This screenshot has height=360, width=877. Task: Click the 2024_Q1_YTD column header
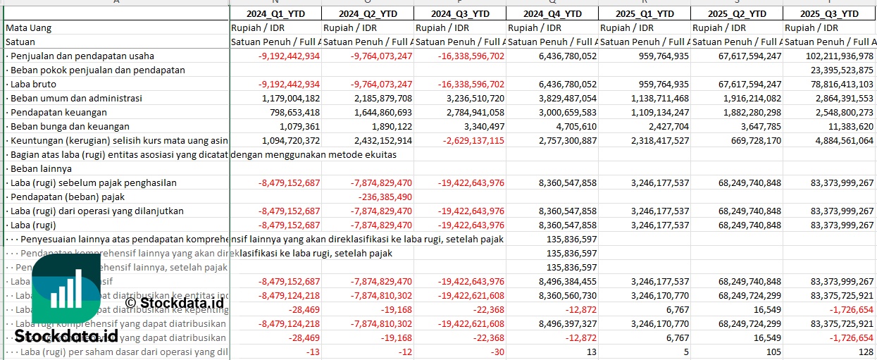coord(275,13)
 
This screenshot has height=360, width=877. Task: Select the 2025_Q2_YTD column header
coord(736,13)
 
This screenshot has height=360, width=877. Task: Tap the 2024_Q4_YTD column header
coord(552,13)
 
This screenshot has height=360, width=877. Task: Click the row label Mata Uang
coord(28,28)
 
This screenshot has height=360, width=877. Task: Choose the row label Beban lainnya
coord(41,169)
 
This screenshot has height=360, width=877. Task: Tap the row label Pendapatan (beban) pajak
coord(67,197)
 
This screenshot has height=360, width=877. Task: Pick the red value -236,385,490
coord(385,197)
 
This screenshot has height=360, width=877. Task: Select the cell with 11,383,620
coord(850,127)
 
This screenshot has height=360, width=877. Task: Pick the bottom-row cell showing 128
coord(866,352)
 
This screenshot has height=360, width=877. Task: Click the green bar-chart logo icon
coord(66,290)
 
